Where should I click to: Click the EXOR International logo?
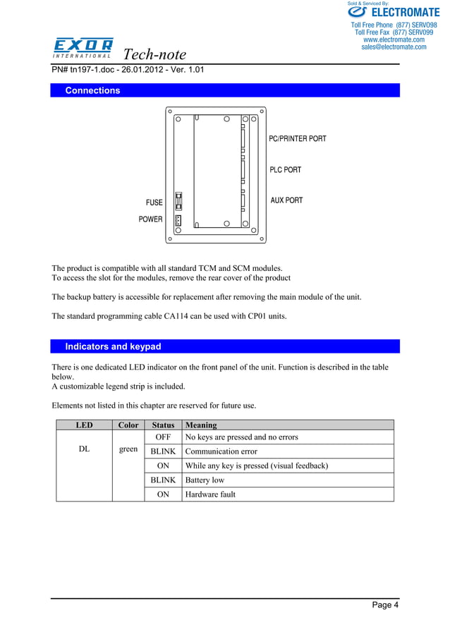83,48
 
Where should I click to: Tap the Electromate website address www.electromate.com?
394,40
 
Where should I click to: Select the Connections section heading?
92,90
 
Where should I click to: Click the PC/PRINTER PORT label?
298,139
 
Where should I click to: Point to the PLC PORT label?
285,170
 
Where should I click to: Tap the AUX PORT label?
286,200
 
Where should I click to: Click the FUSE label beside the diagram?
154,202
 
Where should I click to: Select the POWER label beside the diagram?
150,219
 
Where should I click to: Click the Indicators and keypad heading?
113,346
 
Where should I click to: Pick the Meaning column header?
201,425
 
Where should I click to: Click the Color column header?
128,425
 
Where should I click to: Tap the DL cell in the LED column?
84,449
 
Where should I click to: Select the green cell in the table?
128,449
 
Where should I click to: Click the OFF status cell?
163,437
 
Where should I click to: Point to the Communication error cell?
221,451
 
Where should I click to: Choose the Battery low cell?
205,480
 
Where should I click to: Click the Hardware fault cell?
210,495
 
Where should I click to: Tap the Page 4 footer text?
385,605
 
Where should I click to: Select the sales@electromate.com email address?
394,47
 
